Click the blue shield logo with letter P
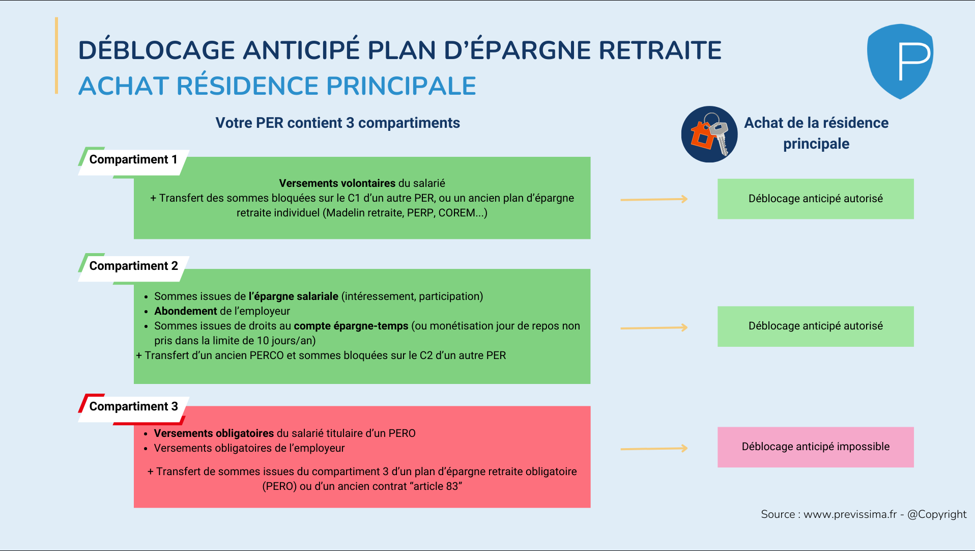tap(900, 61)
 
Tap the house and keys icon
tap(709, 134)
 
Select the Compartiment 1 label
tap(133, 160)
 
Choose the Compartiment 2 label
tap(133, 266)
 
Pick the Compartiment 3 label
tap(133, 407)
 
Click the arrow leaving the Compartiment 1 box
tap(654, 200)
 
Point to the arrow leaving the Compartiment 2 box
tap(654, 328)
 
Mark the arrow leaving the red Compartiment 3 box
tap(654, 449)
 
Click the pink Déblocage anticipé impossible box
tap(815, 447)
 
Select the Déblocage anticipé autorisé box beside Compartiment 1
tap(815, 199)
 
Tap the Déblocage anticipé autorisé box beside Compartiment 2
tap(815, 326)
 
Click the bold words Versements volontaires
tap(337, 183)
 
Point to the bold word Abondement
tap(186, 311)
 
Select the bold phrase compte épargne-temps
tap(351, 326)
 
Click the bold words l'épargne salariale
tap(293, 296)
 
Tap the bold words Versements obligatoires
tap(214, 433)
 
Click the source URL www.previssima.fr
tap(850, 514)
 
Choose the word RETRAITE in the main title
tap(660, 50)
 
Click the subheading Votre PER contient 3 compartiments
tap(337, 123)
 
